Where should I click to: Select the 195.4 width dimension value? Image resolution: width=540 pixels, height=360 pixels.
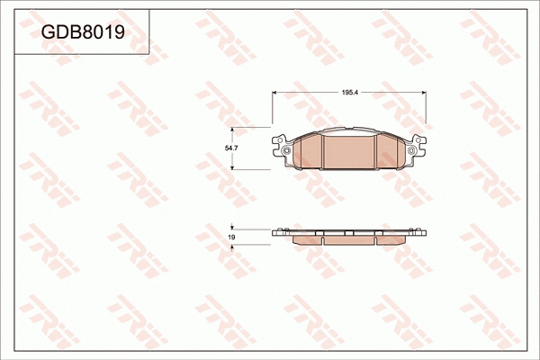coord(350,92)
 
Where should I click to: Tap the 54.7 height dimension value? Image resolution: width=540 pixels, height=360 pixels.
coord(230,148)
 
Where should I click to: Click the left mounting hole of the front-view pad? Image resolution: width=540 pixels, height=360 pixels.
coord(287,149)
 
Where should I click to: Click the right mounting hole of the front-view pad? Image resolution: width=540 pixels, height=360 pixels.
coord(412,149)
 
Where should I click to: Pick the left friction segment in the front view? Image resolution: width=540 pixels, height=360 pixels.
coord(308,152)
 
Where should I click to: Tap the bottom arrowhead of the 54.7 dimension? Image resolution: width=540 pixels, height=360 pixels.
coord(234,167)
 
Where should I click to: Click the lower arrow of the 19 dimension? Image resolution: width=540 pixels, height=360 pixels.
coord(234,247)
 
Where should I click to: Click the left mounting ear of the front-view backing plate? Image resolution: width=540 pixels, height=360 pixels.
coord(281,144)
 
